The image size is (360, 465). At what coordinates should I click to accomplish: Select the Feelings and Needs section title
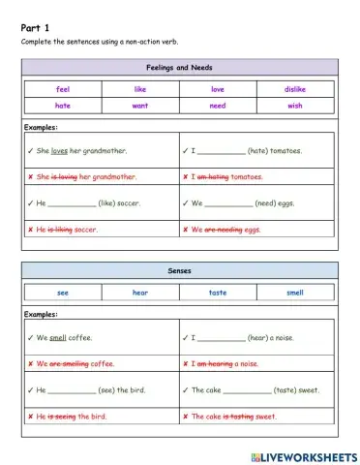tap(180, 67)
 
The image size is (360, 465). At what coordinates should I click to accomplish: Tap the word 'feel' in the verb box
tap(64, 88)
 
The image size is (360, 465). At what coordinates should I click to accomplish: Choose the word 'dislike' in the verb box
tap(295, 88)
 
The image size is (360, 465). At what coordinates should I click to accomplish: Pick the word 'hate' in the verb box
tap(64, 105)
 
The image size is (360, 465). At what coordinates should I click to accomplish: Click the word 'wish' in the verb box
tap(295, 105)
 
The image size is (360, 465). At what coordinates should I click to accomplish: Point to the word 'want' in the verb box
tap(140, 105)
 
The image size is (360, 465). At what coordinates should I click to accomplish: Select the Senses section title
tap(180, 270)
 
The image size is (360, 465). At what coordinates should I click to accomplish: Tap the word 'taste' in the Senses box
tap(218, 292)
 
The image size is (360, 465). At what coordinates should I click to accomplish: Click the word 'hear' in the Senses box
tap(140, 292)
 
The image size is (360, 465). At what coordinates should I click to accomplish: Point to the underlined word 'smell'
tap(58, 338)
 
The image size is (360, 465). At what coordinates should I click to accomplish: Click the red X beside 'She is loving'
tap(31, 177)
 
